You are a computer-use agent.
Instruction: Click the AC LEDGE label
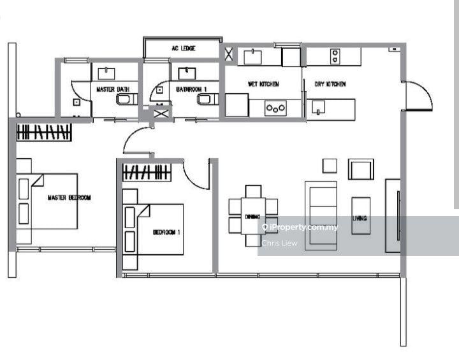184,48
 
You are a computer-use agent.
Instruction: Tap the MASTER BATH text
113,89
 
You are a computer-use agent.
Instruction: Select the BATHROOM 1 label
191,89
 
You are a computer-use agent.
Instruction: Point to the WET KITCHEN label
263,84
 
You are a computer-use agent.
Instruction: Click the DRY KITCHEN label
330,84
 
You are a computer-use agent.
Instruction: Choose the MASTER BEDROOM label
69,198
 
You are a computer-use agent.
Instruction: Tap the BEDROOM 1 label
166,232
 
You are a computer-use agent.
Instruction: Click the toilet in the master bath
127,99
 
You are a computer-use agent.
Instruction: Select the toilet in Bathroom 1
208,99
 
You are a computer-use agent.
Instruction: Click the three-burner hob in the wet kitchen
275,108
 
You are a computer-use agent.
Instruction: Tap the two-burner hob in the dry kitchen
335,56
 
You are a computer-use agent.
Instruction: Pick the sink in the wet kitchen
253,57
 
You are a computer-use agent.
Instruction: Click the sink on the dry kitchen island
318,107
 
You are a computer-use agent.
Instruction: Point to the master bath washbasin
106,73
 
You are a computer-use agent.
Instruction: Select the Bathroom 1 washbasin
187,73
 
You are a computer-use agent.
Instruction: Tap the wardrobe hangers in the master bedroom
44,132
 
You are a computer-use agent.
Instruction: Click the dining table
253,216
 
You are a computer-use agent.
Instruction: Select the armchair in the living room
361,169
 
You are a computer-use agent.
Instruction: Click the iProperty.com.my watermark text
300,227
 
